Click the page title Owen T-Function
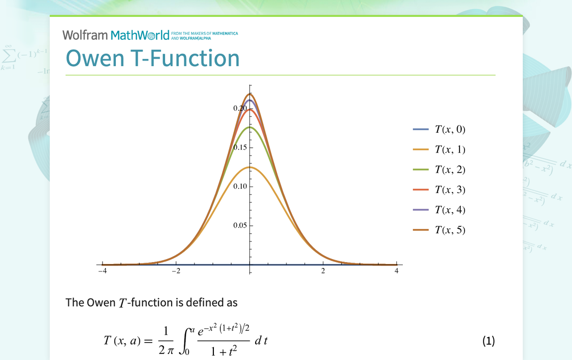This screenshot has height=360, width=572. [153, 58]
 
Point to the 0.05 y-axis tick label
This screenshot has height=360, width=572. [240, 225]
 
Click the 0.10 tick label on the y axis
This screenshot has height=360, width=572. [240, 186]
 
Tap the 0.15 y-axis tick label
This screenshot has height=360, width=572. [241, 147]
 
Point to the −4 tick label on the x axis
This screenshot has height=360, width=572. [102, 271]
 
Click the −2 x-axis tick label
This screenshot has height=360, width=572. [176, 271]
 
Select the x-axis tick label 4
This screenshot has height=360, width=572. [396, 271]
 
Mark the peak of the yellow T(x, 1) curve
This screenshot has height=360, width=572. [250, 167]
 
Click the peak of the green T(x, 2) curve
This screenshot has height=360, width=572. [250, 127]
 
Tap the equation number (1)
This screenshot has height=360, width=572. [488, 341]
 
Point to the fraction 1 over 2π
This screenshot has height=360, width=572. [166, 341]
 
